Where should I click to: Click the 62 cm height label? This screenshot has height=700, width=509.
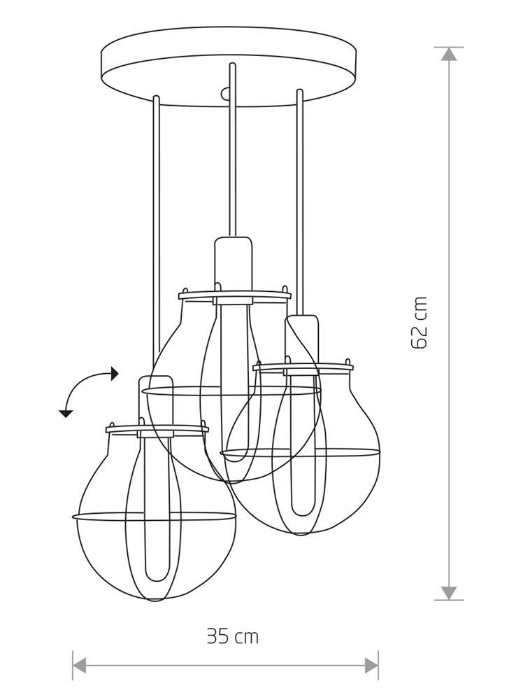[x=420, y=322]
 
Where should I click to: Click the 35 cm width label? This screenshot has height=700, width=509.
[x=233, y=636]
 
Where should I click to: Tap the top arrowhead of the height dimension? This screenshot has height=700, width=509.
[x=449, y=54]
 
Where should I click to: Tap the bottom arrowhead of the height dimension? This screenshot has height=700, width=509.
[x=449, y=593]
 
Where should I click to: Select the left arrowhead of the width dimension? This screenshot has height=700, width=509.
[x=80, y=665]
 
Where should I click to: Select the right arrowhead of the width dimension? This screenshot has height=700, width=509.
[x=371, y=665]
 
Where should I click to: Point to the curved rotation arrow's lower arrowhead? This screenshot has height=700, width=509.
[x=66, y=414]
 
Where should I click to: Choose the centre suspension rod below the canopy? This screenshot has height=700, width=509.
[x=232, y=150]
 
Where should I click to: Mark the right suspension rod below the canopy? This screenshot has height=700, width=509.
[x=301, y=202]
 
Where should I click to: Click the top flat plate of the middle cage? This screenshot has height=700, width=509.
[x=235, y=295]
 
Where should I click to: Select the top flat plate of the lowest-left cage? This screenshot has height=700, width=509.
[x=157, y=430]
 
